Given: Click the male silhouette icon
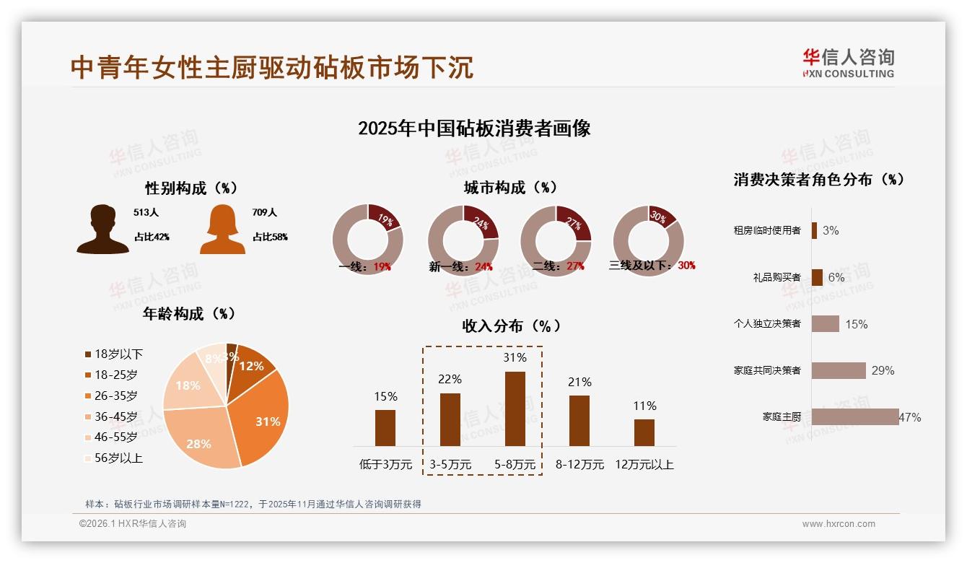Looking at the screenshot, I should [x=103, y=230].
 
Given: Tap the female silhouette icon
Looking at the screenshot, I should [x=222, y=230].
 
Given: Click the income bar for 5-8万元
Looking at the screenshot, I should [x=515, y=409].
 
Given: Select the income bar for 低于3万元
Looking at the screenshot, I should [x=385, y=427].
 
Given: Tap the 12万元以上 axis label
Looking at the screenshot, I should [x=644, y=465].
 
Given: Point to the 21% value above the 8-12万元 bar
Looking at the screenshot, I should [x=579, y=383].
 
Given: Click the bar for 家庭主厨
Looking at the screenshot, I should [x=855, y=417].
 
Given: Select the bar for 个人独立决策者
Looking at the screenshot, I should [x=826, y=324].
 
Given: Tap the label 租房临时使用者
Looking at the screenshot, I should [x=767, y=231].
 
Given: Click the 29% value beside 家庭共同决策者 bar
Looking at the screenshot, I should [x=883, y=371].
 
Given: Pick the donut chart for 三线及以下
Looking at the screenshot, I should [x=648, y=240].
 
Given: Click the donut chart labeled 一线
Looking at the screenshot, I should [x=368, y=240].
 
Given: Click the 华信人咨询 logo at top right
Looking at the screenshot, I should [x=849, y=64].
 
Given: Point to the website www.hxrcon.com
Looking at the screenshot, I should [x=839, y=524].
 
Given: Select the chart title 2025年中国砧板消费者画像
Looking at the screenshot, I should [x=474, y=128].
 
